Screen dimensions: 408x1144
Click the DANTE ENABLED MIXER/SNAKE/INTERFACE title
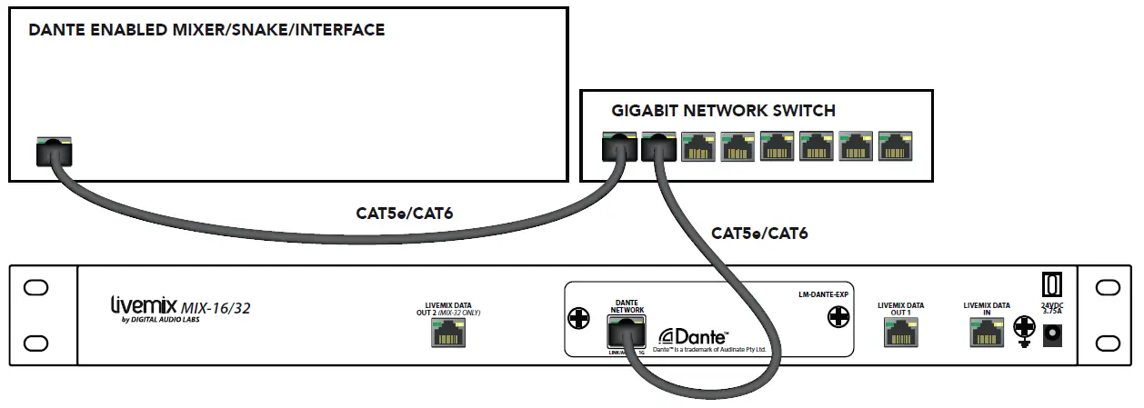(207, 30)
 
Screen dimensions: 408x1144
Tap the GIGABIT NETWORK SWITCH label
(724, 111)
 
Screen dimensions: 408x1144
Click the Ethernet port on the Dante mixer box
(55, 150)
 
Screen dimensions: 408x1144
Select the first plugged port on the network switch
(619, 145)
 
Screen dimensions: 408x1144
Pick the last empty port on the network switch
(896, 145)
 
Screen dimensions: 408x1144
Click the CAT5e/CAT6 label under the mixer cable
(404, 214)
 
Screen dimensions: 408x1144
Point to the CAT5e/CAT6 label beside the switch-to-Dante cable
(759, 234)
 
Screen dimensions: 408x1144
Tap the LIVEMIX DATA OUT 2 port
(447, 333)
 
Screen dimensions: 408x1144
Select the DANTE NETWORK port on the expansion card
(627, 333)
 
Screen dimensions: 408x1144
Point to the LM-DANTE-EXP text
(816, 295)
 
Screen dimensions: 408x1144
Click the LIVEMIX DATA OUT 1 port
(899, 333)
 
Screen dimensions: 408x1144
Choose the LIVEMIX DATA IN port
(986, 333)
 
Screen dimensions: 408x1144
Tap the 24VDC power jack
(1055, 335)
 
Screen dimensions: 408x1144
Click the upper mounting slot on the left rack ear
(35, 288)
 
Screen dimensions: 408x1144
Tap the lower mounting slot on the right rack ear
(1108, 343)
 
